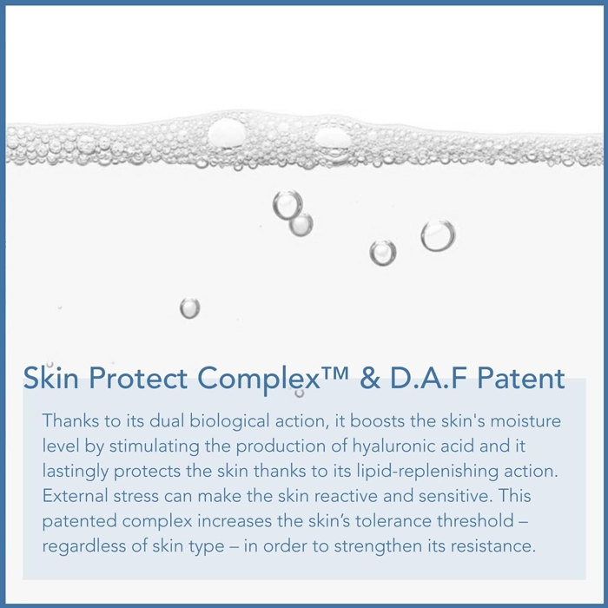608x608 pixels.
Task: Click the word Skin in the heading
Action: click(x=50, y=377)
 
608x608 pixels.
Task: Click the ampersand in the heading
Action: click(x=370, y=378)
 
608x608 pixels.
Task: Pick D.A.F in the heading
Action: click(x=427, y=378)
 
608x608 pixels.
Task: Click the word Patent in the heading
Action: click(x=520, y=378)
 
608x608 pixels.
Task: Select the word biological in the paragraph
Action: click(x=229, y=422)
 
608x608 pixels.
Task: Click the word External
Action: click(x=76, y=496)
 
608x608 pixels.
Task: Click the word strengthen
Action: click(x=378, y=547)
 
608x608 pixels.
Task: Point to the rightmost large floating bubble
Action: click(x=438, y=235)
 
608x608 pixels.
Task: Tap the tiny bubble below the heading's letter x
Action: click(x=300, y=393)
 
